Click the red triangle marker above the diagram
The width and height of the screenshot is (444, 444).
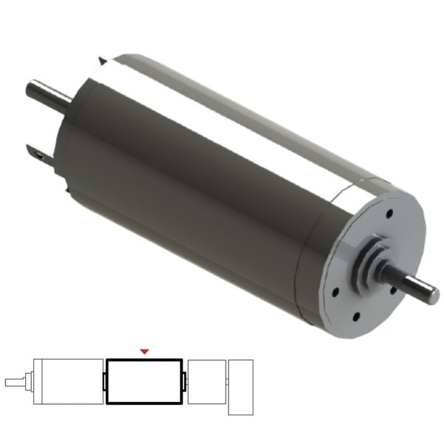[x=145, y=351]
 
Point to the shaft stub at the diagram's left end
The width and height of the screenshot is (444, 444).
[x=16, y=383]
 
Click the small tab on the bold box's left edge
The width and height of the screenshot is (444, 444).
[x=104, y=380]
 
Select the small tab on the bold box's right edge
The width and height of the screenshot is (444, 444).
[x=184, y=380]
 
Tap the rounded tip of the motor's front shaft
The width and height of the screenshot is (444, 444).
[x=429, y=290]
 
